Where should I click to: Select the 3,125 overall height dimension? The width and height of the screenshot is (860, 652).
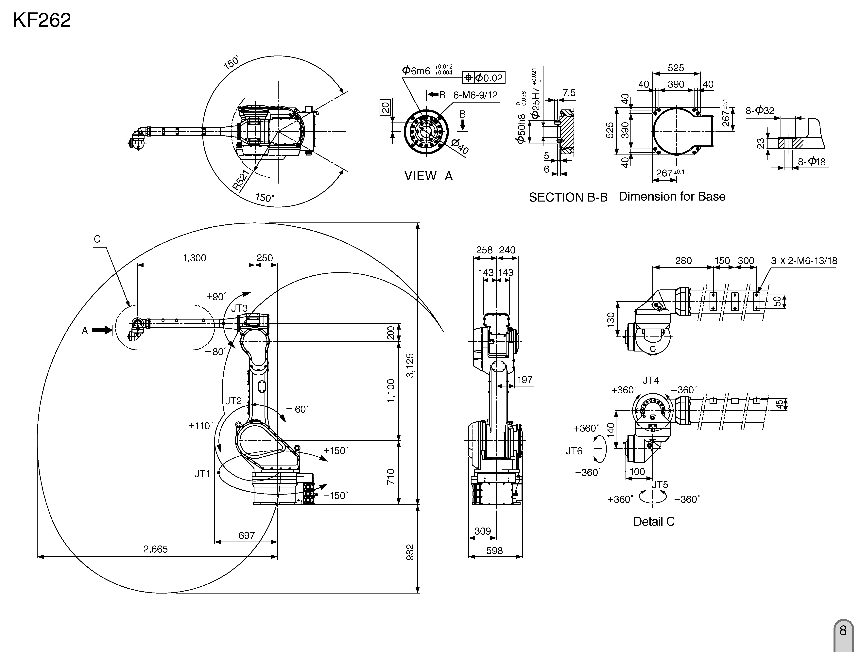tap(410, 365)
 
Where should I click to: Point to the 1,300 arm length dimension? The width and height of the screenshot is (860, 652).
tap(194, 258)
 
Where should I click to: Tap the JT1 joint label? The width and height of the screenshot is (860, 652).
tap(202, 474)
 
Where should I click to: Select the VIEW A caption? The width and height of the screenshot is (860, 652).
tap(428, 176)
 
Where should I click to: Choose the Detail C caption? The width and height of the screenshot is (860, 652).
tap(654, 521)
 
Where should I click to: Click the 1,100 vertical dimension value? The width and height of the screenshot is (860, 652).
tap(391, 390)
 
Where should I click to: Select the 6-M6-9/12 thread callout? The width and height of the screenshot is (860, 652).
tap(475, 95)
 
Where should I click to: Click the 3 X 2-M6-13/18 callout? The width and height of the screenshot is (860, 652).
tap(804, 261)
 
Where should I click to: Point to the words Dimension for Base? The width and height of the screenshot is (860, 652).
tap(672, 197)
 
